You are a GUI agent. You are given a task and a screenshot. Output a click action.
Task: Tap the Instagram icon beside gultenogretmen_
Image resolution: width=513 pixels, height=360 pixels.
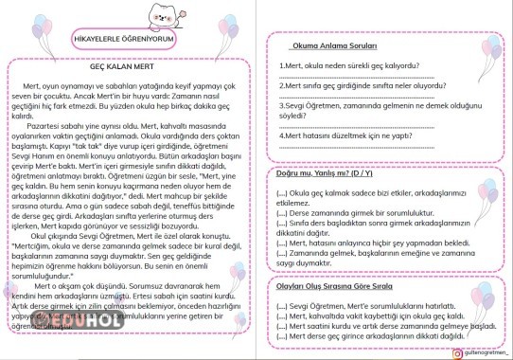[x=430, y=350]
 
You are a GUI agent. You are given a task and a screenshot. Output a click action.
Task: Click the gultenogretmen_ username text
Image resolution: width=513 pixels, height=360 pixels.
[x=467, y=350]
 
